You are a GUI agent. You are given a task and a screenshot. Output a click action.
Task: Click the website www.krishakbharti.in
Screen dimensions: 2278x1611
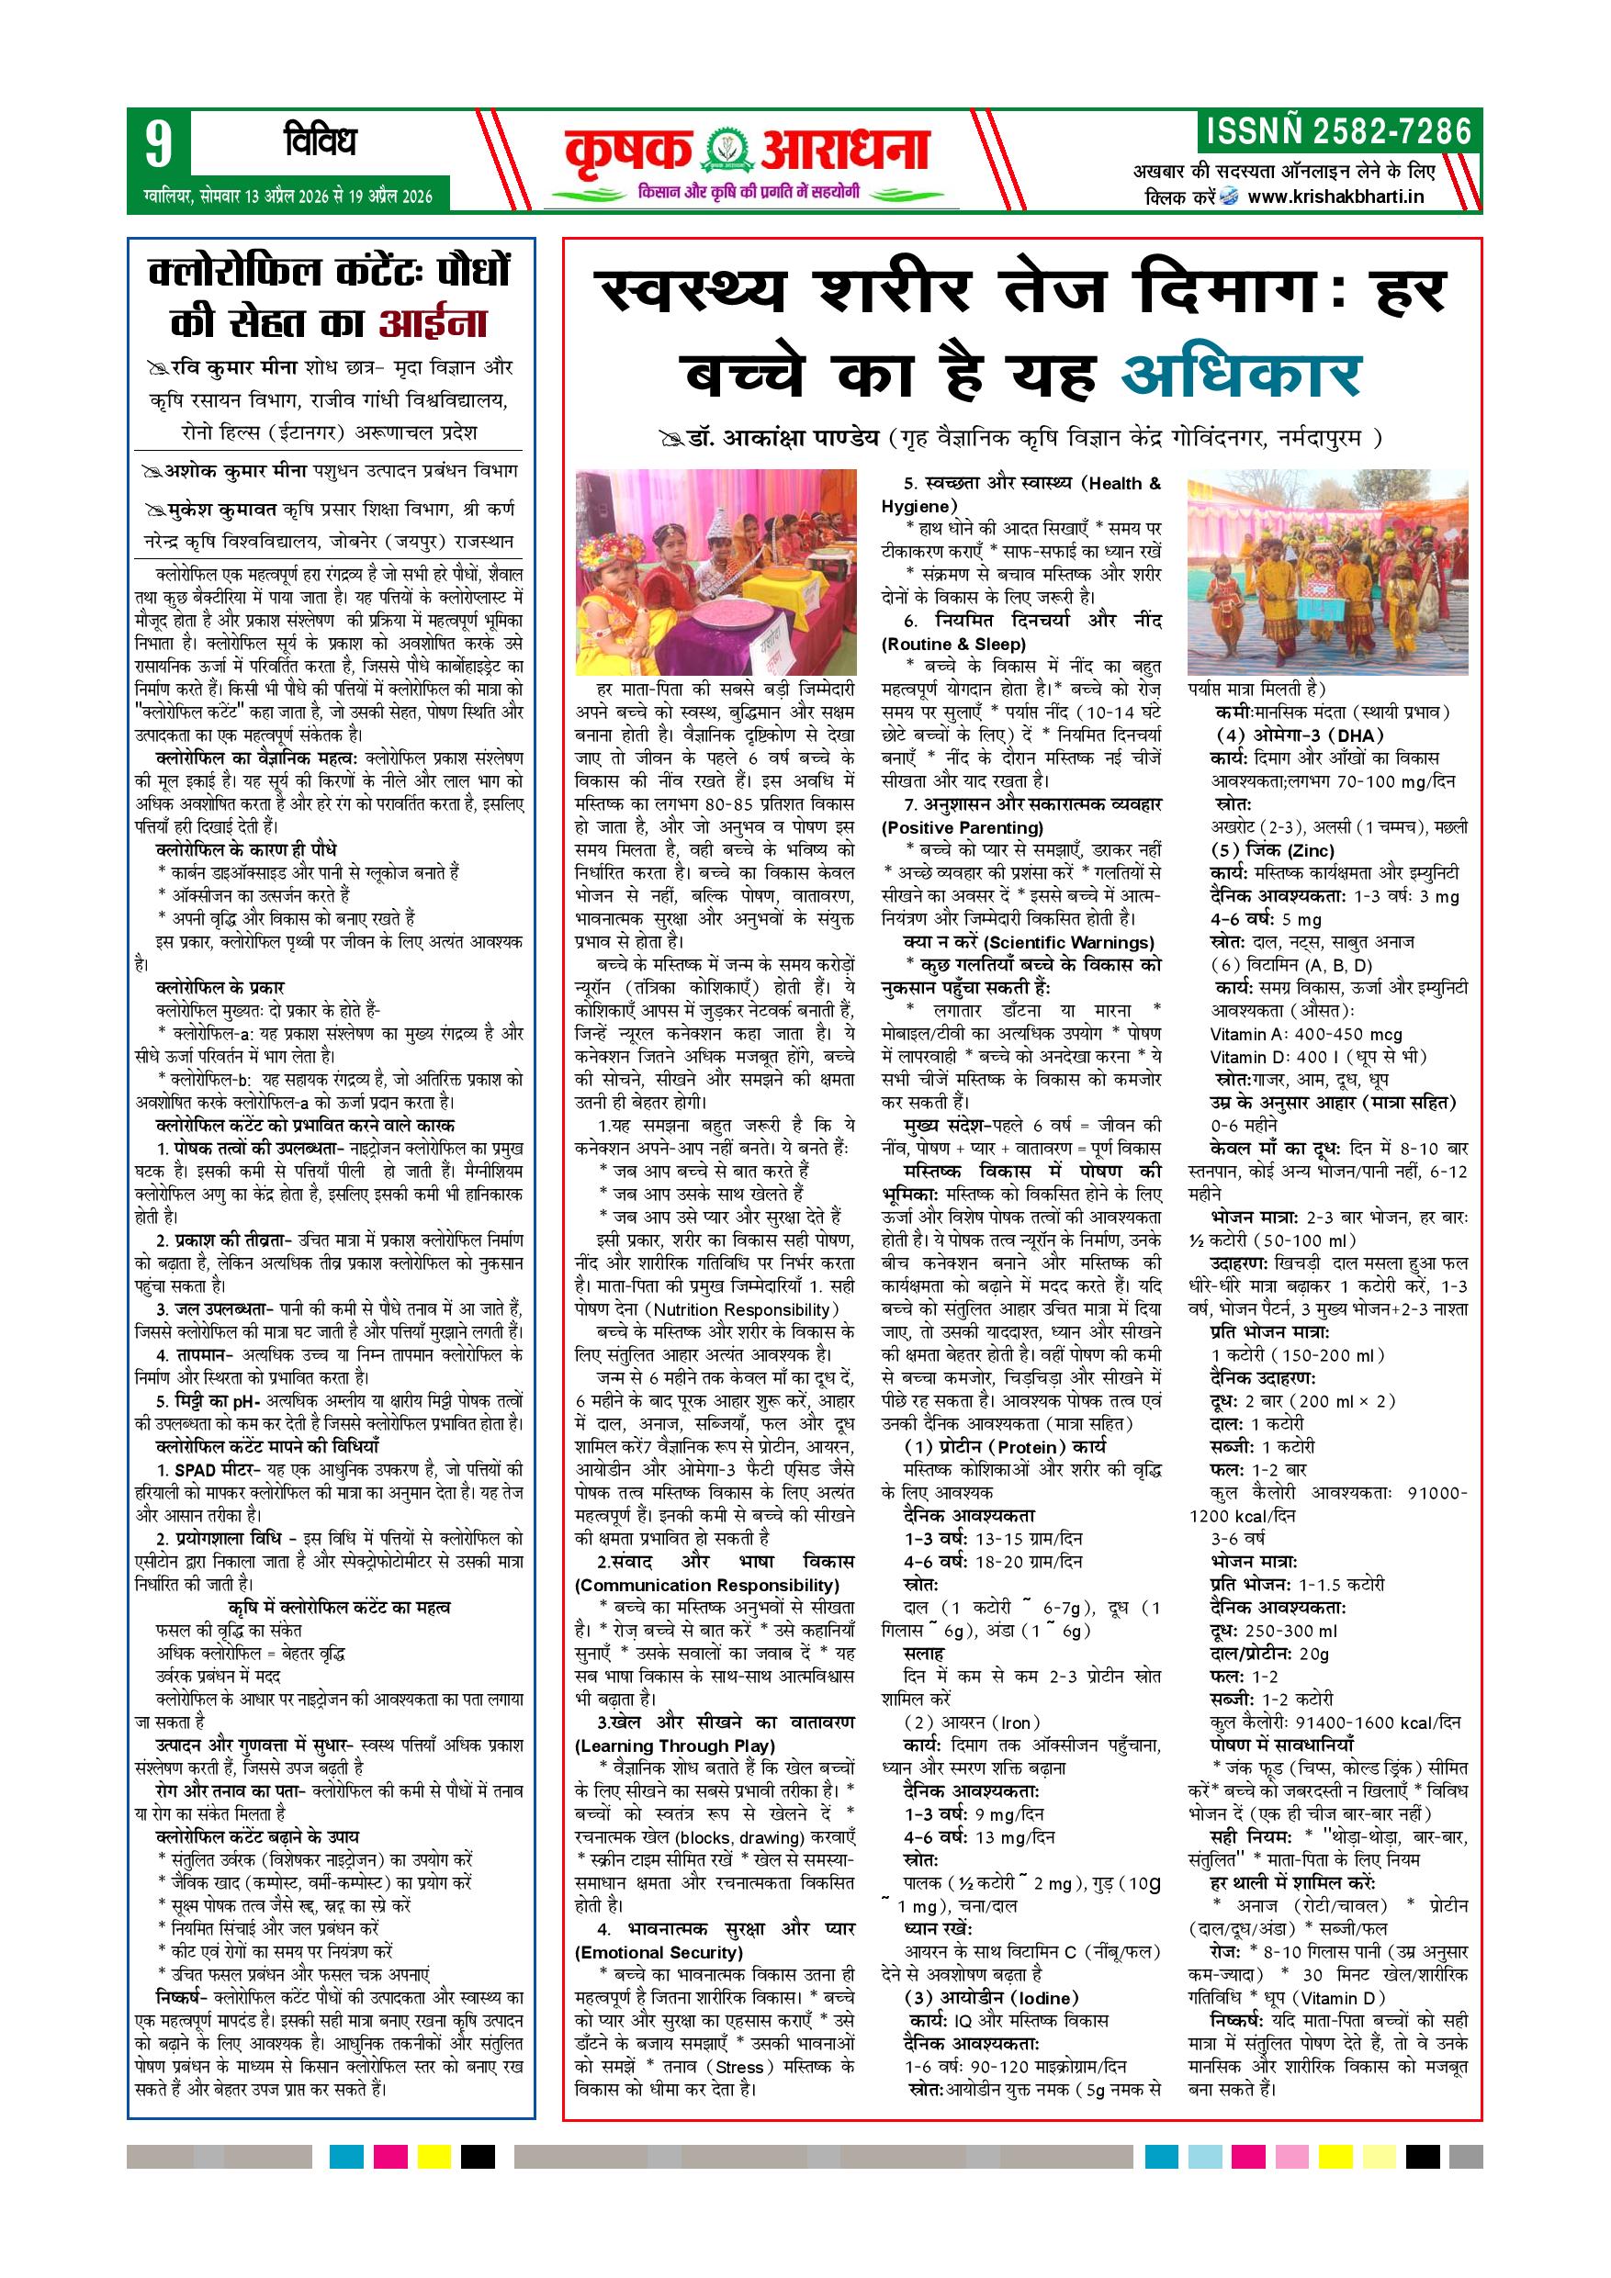pos(1335,196)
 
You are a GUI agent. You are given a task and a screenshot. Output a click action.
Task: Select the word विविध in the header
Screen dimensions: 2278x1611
pos(319,142)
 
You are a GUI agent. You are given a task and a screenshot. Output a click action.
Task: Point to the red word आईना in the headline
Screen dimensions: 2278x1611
pos(433,323)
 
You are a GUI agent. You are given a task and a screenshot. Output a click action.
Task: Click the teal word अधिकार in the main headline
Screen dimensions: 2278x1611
pos(1240,374)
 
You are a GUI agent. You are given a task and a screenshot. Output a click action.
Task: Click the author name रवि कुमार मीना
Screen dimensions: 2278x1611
pos(233,367)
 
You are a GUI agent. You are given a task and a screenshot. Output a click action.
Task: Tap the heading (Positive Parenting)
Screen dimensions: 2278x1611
pos(962,827)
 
